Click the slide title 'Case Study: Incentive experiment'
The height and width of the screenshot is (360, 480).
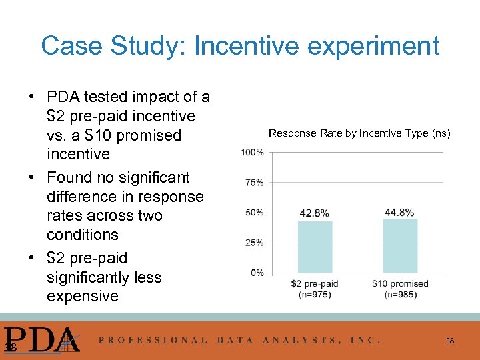[240, 46]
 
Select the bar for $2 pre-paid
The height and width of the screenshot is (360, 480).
[315, 246]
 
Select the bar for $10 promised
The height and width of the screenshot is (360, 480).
[400, 245]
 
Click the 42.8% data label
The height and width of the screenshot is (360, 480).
[315, 213]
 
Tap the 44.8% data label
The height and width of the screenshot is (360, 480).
[399, 212]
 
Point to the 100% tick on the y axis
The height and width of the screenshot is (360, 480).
[252, 152]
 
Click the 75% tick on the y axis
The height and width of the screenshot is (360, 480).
[254, 182]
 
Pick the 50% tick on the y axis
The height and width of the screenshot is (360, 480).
[254, 212]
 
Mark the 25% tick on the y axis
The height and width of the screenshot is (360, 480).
[254, 243]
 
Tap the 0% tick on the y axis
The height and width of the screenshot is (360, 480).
[257, 273]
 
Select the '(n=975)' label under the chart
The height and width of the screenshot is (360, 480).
[315, 294]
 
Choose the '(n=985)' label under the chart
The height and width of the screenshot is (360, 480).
[400, 294]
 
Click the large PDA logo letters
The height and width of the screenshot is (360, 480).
[41, 339]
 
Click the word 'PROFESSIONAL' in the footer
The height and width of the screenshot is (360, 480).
[153, 340]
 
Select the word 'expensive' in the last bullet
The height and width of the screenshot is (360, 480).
[83, 296]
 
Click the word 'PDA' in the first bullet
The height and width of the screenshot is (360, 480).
[65, 97]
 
